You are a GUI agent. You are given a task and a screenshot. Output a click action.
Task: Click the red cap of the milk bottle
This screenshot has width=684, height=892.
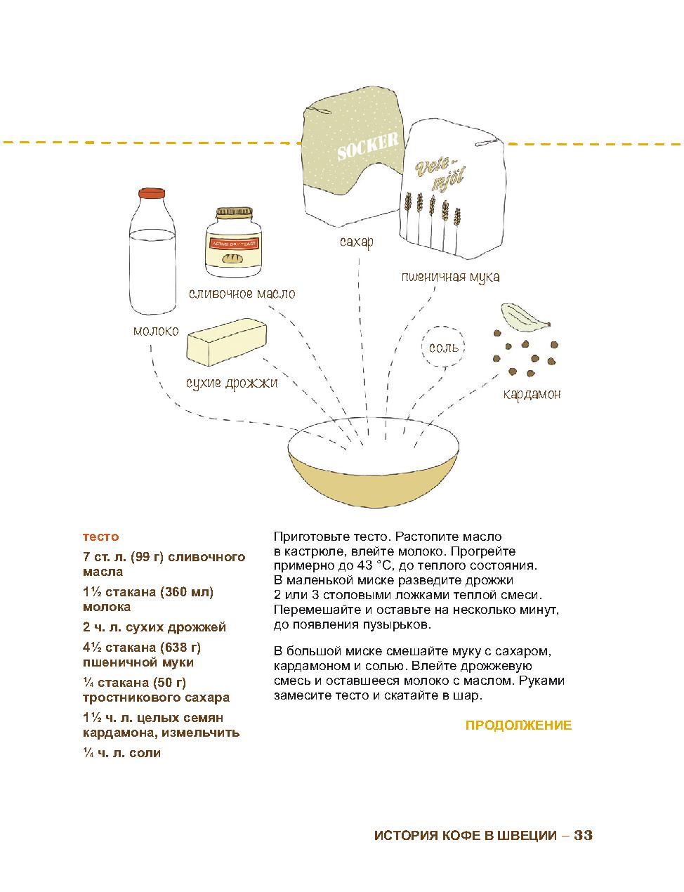coord(151,194)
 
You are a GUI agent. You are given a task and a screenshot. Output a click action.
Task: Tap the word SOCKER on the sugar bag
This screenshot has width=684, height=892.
coord(367,147)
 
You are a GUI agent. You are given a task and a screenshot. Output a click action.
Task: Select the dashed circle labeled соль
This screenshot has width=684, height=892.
coord(443,347)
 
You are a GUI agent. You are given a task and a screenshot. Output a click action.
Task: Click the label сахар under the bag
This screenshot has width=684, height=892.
coord(356,242)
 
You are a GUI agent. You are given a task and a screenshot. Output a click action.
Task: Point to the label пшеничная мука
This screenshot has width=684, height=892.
coord(450,277)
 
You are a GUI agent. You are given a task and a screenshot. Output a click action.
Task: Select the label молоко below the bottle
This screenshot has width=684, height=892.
coord(156,331)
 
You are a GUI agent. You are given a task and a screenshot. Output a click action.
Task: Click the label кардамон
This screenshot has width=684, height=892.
coord(532,394)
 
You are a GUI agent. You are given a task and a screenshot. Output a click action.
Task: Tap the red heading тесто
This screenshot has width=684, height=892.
coord(101,537)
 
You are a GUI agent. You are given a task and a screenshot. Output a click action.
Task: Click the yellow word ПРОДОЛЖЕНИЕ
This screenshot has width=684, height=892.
coord(518,726)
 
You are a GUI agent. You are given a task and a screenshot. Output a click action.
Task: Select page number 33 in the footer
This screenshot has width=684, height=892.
coord(584,836)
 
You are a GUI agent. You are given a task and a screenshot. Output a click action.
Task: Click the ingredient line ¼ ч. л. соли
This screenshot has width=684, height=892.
coord(121,753)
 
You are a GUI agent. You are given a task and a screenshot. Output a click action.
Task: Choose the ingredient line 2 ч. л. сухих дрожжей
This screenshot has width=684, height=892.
coord(154,627)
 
